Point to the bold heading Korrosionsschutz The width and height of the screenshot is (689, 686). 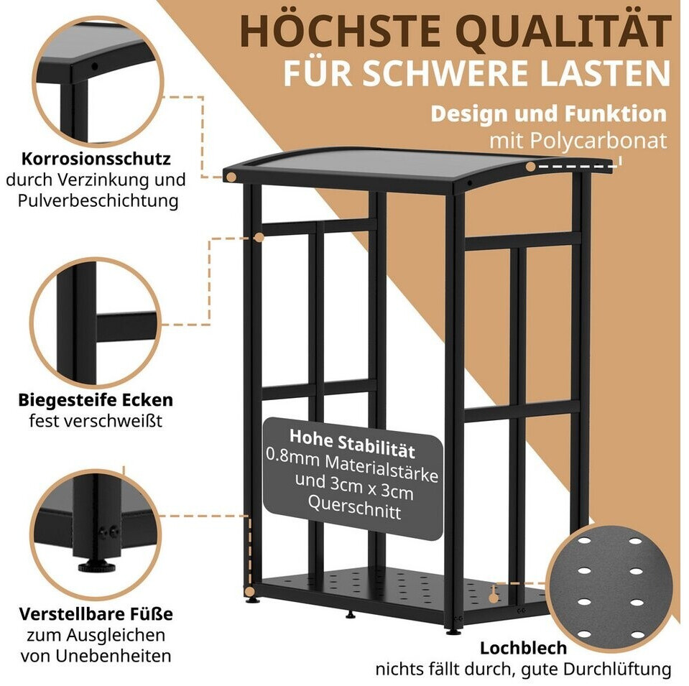96,159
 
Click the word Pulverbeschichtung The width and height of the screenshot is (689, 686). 98,201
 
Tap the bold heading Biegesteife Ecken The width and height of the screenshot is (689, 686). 96,400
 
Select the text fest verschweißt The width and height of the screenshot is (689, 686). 96,421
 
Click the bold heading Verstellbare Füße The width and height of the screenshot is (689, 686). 96,614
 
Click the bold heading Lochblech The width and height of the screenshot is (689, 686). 523,648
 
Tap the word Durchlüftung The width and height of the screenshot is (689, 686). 617,669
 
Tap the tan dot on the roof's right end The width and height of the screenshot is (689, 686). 531,167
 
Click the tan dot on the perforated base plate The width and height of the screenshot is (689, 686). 494,598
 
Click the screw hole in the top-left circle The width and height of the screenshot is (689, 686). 94,68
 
